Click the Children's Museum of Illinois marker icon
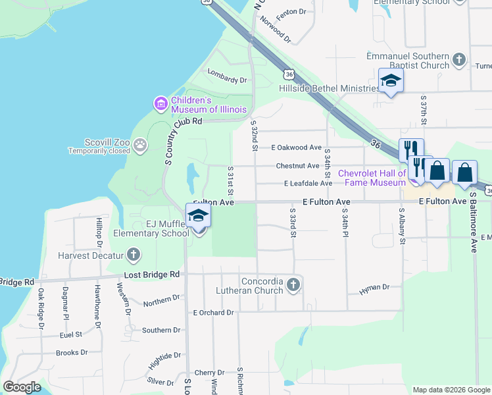[x=160, y=103]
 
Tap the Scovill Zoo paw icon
[x=140, y=144]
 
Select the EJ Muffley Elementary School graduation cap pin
[x=198, y=216]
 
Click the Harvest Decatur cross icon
[x=134, y=255]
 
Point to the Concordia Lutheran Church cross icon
[x=293, y=285]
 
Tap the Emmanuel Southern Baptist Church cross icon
[x=459, y=61]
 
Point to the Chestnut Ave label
[x=297, y=166]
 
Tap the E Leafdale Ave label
[x=308, y=184]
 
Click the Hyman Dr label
[x=374, y=288]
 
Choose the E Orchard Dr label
[x=213, y=312]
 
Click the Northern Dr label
[x=161, y=300]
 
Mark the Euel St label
[x=70, y=334]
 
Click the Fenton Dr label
[x=293, y=12]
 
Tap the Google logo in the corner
[x=22, y=387]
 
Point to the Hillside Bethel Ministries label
[x=329, y=88]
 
